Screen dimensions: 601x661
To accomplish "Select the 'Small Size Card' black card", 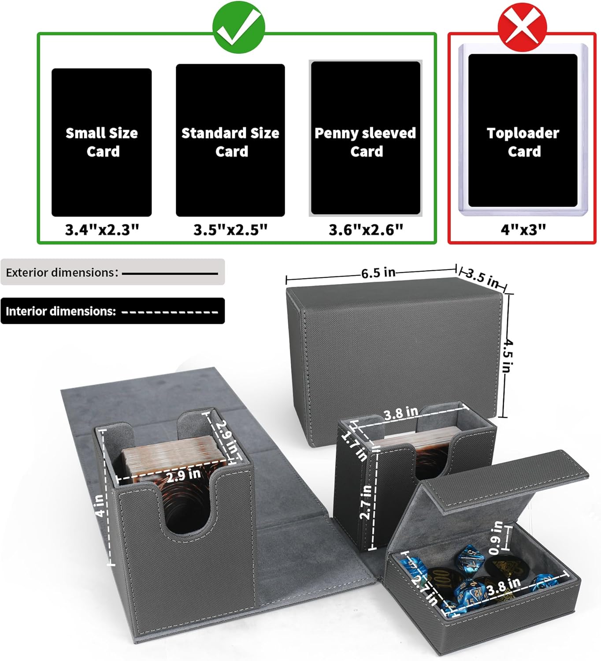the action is pos(102,142).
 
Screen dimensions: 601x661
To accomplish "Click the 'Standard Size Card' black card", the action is pos(230,140).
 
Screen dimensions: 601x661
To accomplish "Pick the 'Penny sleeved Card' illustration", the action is pos(366,138).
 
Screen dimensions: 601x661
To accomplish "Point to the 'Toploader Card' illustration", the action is pos(523,130).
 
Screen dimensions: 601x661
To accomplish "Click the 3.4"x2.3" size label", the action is pos(102,230).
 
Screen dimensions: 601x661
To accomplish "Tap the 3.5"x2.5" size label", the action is pos(230,230).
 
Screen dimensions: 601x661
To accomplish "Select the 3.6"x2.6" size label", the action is pos(366,230).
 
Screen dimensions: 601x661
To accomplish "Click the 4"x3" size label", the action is pos(523,230).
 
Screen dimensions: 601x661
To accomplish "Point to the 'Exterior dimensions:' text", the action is pos(62,272).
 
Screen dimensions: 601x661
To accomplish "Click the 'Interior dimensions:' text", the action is pos(61,311).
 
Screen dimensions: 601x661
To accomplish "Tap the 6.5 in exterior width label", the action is pos(378,273).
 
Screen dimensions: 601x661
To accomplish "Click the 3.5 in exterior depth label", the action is pos(483,278).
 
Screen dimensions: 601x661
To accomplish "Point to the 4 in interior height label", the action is pos(100,506).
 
